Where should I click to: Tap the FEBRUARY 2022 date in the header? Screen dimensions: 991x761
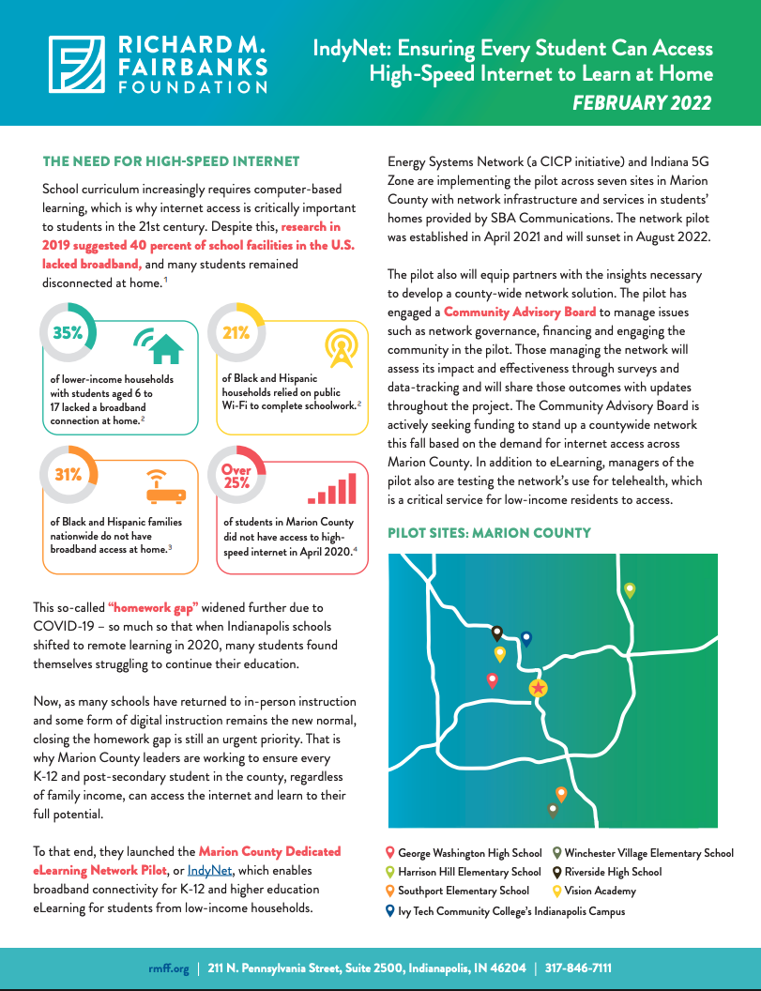pos(642,103)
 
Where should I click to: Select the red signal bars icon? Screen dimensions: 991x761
pos(333,489)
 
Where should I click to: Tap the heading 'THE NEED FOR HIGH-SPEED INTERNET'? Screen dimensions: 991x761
pos(171,162)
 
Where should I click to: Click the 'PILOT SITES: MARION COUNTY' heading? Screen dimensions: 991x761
pos(489,533)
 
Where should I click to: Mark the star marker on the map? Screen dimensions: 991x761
pos(538,689)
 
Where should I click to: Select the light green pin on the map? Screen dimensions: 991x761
pos(630,589)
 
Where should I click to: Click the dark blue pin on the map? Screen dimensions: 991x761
pos(526,638)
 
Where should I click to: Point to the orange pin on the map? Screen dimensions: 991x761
pos(561,794)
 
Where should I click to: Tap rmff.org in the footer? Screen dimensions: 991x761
pos(169,968)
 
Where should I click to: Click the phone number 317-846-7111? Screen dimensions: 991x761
pos(579,968)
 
